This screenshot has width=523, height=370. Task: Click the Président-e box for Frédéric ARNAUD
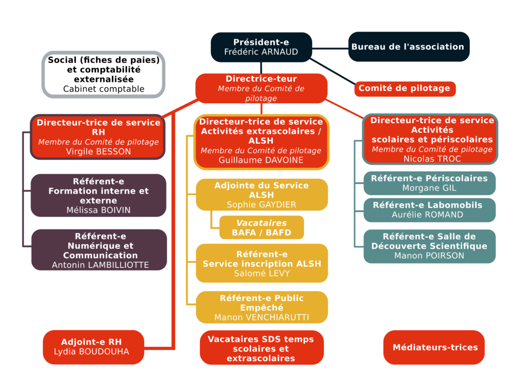tap(261, 47)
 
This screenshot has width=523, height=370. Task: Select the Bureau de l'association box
tap(408, 47)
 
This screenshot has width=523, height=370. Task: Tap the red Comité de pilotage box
tap(405, 88)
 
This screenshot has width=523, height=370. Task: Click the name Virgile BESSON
tap(98, 152)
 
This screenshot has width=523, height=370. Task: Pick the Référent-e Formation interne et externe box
tap(98, 195)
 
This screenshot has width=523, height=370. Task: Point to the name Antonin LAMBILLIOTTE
tap(100, 265)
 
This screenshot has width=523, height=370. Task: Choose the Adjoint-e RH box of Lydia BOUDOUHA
tap(93, 347)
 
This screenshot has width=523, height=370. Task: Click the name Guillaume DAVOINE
tap(261, 160)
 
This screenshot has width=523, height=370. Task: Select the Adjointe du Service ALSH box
tap(261, 195)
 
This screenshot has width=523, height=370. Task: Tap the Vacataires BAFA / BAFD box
tap(261, 227)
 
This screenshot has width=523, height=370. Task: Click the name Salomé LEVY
tap(261, 273)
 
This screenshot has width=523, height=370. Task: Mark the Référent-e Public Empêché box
tap(261, 307)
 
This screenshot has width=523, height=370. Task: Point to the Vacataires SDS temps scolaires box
tap(261, 348)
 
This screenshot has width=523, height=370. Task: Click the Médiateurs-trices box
tap(434, 348)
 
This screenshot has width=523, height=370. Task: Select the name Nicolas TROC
tap(432, 159)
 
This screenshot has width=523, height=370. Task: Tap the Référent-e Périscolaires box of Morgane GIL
tap(430, 183)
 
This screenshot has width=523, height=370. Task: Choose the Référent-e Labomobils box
tap(430, 210)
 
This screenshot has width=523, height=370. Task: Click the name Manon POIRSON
tap(430, 256)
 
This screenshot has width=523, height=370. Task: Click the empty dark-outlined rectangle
tap(103, 74)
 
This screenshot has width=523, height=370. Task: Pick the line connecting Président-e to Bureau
tap(330, 49)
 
